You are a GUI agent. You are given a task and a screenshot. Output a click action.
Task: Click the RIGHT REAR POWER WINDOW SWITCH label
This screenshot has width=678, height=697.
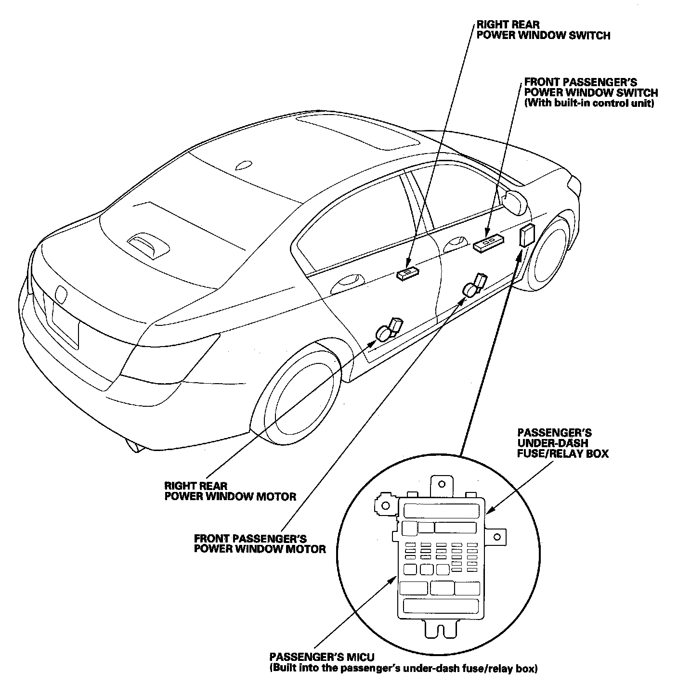543,30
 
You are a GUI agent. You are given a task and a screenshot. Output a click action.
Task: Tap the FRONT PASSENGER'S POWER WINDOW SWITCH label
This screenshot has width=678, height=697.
591,88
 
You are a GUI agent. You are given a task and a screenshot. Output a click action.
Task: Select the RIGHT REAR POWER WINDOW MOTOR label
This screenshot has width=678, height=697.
230,491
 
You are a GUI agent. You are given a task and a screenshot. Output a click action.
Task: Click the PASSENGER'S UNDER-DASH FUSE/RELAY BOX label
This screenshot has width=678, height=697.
562,443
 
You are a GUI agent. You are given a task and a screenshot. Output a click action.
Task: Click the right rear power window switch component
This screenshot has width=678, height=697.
407,274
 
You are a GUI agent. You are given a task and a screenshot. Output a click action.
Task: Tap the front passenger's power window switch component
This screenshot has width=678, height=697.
489,242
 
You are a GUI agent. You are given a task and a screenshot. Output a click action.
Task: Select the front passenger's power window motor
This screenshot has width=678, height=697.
473,285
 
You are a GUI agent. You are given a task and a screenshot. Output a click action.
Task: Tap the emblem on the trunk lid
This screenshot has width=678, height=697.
61,295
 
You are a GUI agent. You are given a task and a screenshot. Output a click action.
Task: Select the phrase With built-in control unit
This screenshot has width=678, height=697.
589,103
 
